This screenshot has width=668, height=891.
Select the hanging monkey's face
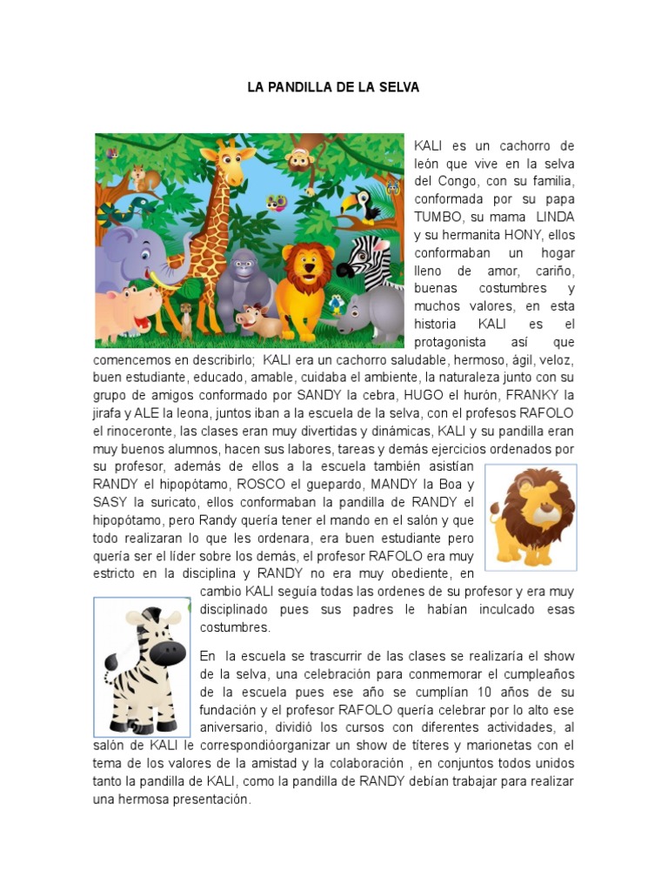300,160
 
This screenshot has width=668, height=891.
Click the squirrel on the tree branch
139,178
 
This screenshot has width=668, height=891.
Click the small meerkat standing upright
186,318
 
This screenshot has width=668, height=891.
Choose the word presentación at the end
209,800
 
